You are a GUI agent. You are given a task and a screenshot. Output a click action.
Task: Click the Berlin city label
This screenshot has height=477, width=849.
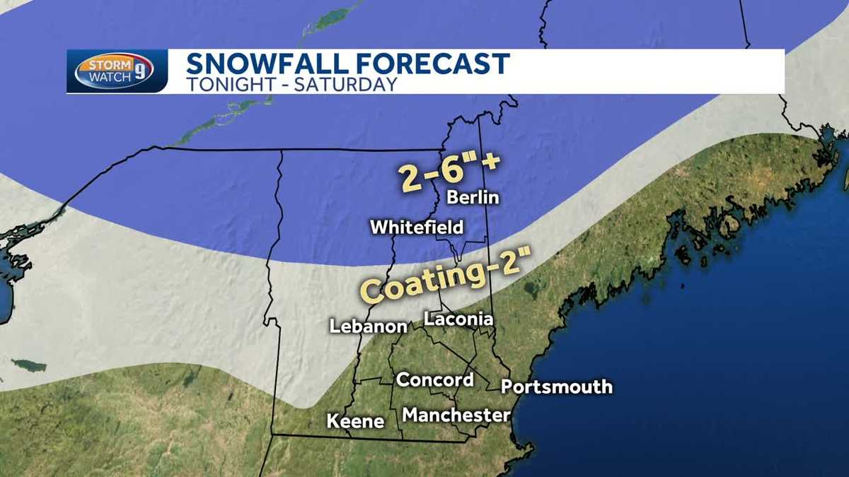click(473, 197)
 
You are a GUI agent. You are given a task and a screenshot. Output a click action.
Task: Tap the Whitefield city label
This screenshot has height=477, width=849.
click(417, 228)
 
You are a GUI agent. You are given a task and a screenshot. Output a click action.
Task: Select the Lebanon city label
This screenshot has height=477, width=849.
click(369, 326)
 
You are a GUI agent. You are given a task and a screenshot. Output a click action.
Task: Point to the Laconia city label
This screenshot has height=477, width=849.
click(458, 319)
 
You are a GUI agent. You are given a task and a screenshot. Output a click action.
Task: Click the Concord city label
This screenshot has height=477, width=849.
click(434, 379)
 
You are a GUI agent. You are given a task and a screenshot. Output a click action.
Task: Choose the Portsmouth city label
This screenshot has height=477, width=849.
click(556, 387)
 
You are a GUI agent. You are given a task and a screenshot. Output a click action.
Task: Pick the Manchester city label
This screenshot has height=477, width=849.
click(456, 415)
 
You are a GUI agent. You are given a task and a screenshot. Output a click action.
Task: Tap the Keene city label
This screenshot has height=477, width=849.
click(355, 422)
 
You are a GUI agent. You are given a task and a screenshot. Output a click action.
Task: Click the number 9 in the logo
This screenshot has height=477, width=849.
click(144, 73)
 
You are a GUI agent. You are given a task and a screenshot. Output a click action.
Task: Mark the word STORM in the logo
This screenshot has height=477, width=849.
click(103, 65)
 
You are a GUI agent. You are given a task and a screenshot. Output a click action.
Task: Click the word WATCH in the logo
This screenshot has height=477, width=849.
click(106, 77)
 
